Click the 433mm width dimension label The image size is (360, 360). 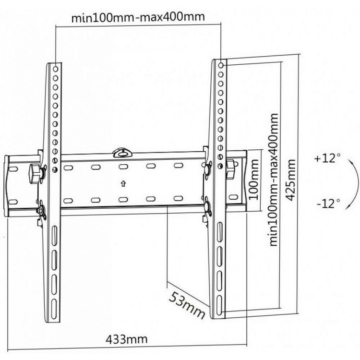point(127,339)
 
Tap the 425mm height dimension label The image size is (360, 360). point(290,180)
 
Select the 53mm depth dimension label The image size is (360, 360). point(187,306)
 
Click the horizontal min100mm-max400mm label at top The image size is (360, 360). point(138,17)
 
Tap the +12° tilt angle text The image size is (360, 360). point(328,158)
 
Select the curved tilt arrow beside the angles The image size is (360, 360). point(358,184)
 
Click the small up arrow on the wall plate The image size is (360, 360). point(123,184)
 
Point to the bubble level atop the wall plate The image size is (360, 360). point(122,153)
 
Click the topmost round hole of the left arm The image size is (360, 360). point(56,69)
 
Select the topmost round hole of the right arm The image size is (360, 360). point(221,65)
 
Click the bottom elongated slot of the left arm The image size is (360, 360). point(54,309)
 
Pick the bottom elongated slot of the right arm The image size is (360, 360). point(219,305)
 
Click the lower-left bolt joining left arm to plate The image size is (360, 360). point(42,210)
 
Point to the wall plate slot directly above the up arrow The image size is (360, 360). point(123,166)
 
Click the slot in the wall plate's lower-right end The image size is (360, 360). point(233,197)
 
